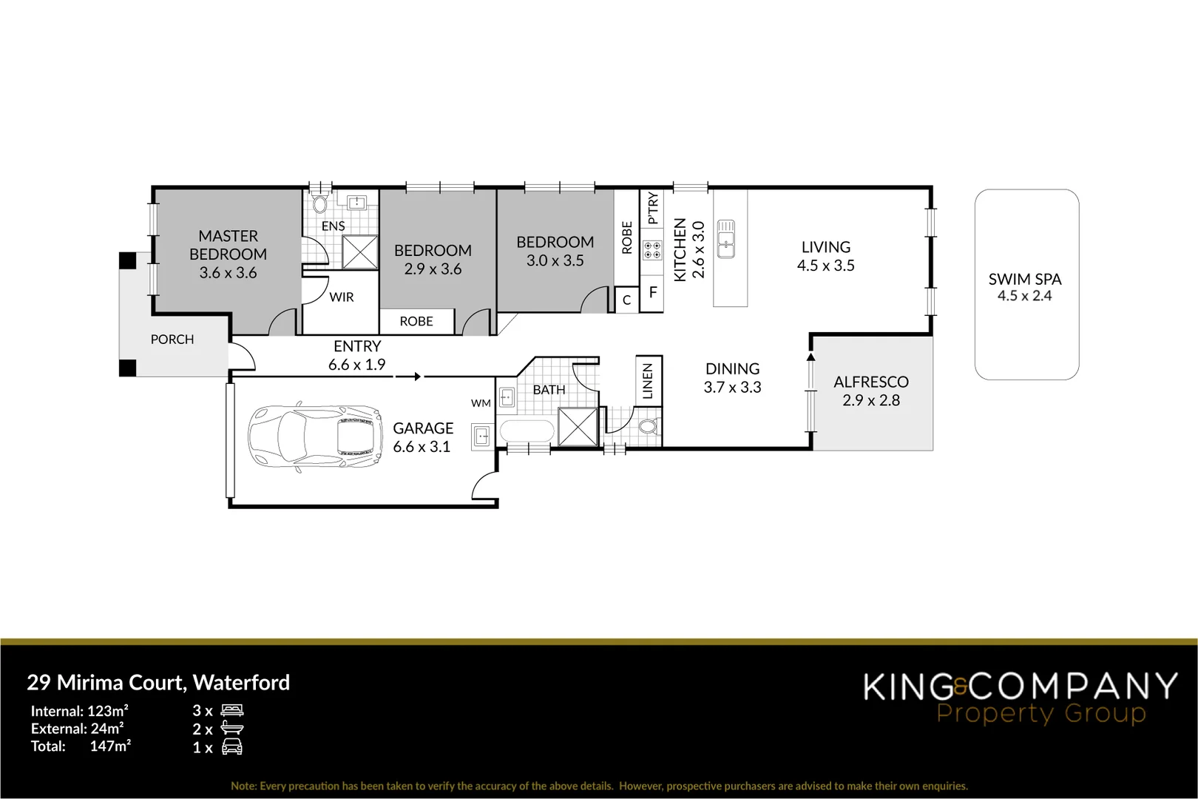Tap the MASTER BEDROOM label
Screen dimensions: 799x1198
[x=228, y=245]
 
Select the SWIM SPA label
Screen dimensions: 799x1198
[x=1024, y=280]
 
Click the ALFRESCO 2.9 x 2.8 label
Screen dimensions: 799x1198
[x=870, y=391]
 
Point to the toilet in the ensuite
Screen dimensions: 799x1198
[x=319, y=203]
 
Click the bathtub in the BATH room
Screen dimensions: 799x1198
[x=526, y=432]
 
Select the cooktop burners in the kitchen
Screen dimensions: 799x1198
[x=652, y=250]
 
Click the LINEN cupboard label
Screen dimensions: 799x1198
[x=648, y=381]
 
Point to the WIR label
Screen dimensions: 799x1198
[x=342, y=297]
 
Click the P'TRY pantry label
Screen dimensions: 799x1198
[x=652, y=209]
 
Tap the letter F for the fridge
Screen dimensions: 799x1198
[x=652, y=293]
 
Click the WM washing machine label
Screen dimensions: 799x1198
[x=481, y=403]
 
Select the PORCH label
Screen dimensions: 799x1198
[x=172, y=340]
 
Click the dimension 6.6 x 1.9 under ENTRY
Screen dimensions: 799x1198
[x=356, y=365]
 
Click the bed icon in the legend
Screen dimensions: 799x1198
[x=231, y=711]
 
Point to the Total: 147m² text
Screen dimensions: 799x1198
[x=81, y=746]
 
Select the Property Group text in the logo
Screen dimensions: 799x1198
[x=1040, y=714]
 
